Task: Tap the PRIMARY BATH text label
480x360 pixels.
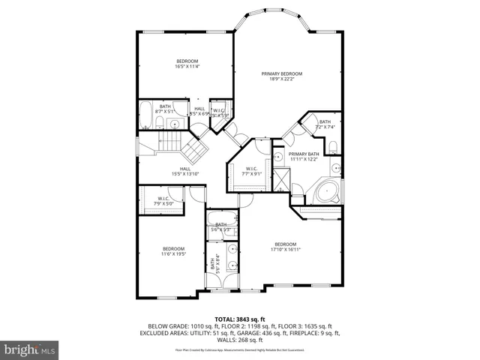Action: click(304, 156)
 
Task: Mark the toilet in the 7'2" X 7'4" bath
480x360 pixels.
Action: click(307, 130)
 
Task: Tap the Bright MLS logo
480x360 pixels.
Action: click(30, 349)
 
